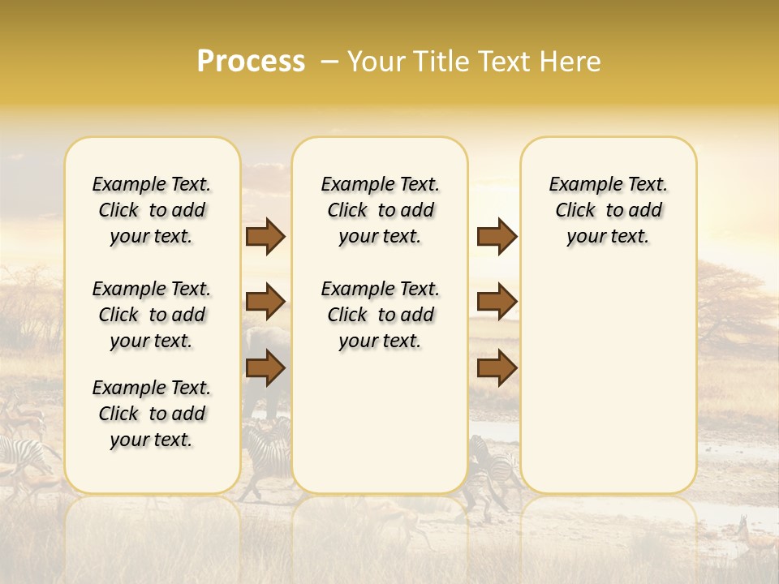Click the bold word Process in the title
(251, 62)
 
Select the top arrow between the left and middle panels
(265, 237)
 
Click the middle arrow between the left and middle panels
(265, 302)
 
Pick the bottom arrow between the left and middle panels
(265, 368)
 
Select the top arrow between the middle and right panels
(497, 237)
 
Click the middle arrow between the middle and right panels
(497, 302)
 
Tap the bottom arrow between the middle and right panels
(497, 368)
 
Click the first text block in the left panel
(152, 210)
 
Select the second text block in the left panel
(152, 315)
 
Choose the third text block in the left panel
(152, 414)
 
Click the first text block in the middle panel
(380, 210)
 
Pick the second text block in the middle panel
(380, 315)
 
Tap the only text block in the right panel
(608, 210)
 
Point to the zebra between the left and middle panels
(268, 450)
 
